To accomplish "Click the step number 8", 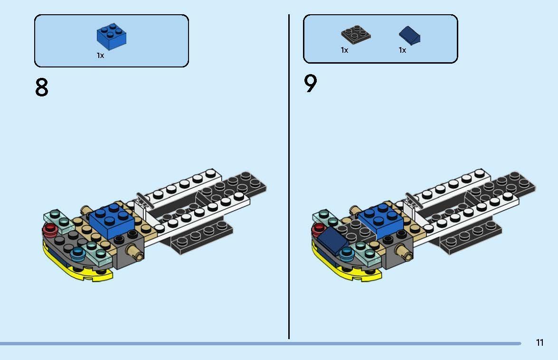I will click(42, 87).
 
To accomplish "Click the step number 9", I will click(310, 84).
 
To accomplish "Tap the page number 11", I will click(539, 342).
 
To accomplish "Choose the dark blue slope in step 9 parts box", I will click(410, 36).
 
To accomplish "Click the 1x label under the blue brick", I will click(100, 56).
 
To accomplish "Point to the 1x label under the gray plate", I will click(344, 50).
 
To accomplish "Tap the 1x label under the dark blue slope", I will click(402, 50).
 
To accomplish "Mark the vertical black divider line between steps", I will click(289, 176).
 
